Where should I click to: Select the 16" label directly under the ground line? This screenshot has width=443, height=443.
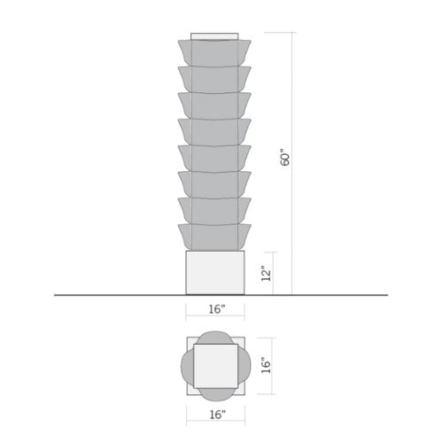coord(215,309)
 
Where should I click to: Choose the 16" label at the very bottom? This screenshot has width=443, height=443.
coord(215,414)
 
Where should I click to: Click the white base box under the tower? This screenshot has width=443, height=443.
coord(214,272)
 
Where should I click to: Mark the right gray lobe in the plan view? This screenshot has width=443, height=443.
coord(241,364)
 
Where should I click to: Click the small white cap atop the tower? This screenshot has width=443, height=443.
coord(215,36)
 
